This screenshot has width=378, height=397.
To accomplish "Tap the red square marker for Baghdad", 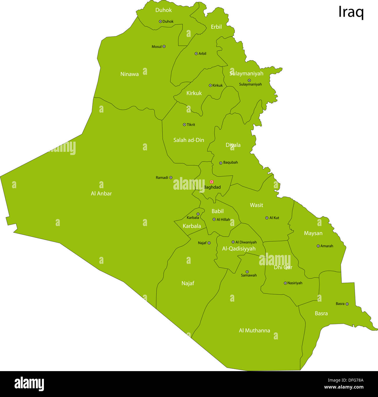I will pos(211,182).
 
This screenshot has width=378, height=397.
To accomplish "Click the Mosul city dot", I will pos(164,46).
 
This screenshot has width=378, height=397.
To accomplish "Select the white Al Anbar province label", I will pos(101,193).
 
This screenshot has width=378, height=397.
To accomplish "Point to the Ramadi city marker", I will pos(171,177).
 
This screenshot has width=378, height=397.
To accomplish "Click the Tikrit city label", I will pos(191,124).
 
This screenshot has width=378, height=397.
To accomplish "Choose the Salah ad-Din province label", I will pos(189,140).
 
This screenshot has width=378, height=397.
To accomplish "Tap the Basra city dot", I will pos(347,304).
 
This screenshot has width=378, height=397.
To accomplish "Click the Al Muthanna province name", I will pos(254,330).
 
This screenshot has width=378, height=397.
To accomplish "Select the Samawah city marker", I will pos(247,272).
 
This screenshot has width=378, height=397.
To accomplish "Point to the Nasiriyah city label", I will pos(295,283).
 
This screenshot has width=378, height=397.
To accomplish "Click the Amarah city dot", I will pos(318,246).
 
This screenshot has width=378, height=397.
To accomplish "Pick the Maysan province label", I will pos(313,233).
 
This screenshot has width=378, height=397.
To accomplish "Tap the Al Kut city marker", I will pos(267,218).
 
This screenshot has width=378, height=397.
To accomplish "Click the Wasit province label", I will pos(256,205).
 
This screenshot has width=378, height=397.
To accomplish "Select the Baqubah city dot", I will pos(221,163).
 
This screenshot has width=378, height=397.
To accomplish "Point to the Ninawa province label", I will pos(129,74).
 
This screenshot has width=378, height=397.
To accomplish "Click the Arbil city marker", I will pos(196,54).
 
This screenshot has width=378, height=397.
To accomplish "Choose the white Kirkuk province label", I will pos(194,93).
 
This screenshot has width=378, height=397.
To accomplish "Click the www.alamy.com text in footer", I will pos(344,387).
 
